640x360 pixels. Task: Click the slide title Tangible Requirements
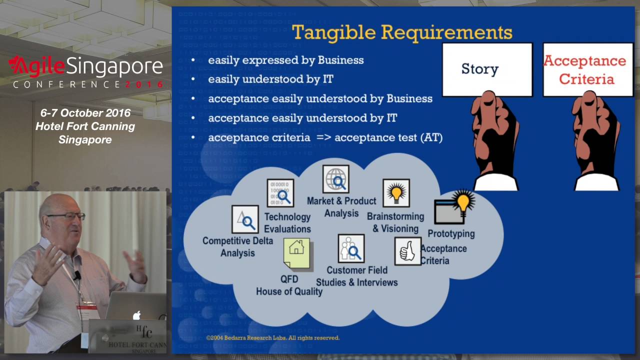(402, 32)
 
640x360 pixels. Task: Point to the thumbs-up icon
(408, 251)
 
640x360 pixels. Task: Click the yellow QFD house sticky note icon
(296, 253)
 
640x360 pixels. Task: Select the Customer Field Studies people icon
(351, 248)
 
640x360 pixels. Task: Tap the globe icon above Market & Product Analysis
(336, 179)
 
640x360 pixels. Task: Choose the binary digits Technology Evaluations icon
(280, 193)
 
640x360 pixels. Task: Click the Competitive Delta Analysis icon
(245, 219)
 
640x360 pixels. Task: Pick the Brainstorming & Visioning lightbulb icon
(396, 193)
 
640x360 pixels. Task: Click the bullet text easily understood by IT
(270, 79)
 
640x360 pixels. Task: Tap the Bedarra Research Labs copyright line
(273, 337)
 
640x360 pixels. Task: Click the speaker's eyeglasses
(66, 216)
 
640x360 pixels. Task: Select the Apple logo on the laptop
(136, 315)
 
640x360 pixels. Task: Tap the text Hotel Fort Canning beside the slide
(85, 126)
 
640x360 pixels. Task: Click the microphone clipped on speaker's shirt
(77, 275)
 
